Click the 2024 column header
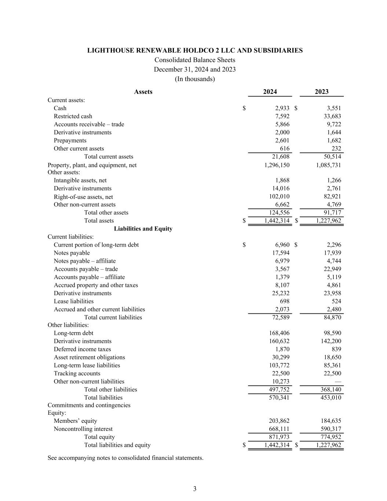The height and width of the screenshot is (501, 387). [x=270, y=92]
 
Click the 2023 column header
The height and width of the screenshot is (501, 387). [x=322, y=92]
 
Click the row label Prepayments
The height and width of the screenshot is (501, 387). [x=70, y=141]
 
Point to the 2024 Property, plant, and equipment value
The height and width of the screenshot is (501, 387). [x=277, y=165]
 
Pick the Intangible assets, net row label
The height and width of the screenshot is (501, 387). [x=80, y=181]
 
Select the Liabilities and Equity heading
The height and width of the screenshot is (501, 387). [x=143, y=229]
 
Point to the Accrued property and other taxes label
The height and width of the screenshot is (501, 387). [x=96, y=285]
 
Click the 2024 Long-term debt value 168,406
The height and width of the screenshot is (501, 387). [x=279, y=333]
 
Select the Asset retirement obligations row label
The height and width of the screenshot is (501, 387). [x=89, y=357]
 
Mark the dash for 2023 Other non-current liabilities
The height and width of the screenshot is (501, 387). [x=338, y=382]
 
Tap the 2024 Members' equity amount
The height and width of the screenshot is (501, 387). [x=279, y=421]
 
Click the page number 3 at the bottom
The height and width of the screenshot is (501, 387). [x=195, y=489]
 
